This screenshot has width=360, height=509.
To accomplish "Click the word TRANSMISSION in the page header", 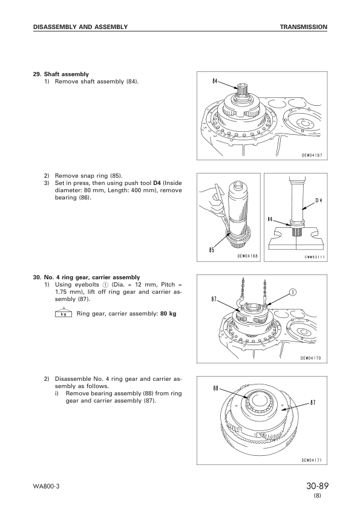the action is point(304,27).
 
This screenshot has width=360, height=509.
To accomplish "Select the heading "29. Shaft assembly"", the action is point(61,74).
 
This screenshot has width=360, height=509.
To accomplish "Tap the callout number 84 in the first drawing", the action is point(215,81).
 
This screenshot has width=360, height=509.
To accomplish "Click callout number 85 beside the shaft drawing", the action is point(212,250).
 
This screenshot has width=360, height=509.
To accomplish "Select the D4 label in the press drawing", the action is point(319,200).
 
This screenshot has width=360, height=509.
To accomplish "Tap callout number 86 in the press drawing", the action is point(270,219).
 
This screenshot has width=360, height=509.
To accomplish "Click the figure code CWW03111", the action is point(315,258).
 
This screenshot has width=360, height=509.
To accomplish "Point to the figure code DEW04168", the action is point(247,256).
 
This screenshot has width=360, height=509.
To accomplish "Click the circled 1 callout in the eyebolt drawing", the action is point(292,293).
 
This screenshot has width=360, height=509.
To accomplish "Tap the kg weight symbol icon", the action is point(64,313).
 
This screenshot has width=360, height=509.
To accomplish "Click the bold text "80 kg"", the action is point(168,314).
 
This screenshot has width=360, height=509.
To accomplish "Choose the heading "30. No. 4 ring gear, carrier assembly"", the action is point(87,277).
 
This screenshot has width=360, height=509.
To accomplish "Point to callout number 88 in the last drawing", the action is point(216,388).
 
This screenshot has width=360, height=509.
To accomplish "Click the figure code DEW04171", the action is point(312,460).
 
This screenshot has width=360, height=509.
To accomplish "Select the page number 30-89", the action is point(317,486).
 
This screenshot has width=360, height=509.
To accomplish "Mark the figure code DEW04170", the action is point(310,358).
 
